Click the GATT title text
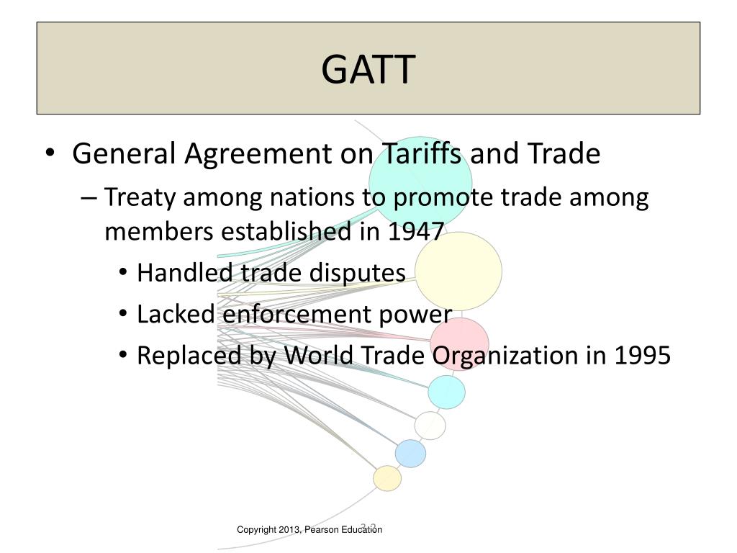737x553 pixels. tap(368, 69)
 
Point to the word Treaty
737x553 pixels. tap(140, 197)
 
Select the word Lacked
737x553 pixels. tap(176, 315)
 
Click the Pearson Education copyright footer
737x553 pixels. tap(309, 530)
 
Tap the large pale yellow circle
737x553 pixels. tap(458, 270)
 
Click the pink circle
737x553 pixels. tap(460, 343)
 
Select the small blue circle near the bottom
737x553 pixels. tap(410, 453)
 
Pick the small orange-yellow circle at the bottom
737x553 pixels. tap(387, 478)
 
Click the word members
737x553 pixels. tap(159, 233)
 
